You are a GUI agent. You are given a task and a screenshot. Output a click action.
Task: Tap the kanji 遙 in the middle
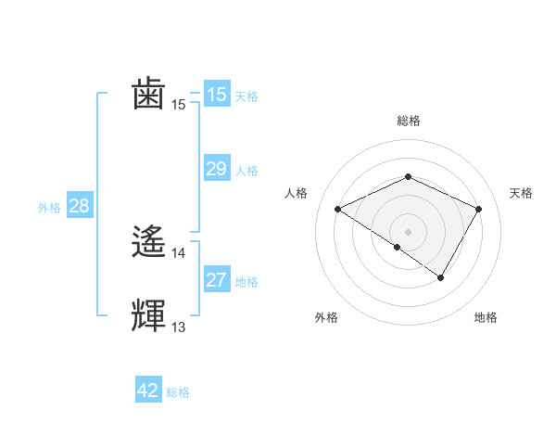point(149,243)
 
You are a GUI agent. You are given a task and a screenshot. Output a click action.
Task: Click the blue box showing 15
point(216,95)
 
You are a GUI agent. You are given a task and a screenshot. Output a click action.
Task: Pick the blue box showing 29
point(216,169)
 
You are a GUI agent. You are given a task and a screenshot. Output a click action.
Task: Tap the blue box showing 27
point(216,280)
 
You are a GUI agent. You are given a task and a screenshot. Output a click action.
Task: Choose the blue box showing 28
point(79,206)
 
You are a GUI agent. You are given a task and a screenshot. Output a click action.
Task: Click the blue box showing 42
point(148,391)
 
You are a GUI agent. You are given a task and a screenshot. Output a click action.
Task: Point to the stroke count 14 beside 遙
point(179,252)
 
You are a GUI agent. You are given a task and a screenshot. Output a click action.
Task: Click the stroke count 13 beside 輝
point(179,327)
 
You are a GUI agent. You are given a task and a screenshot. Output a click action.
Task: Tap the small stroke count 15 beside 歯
point(179,105)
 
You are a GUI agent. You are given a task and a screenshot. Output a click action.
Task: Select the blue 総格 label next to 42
point(178,392)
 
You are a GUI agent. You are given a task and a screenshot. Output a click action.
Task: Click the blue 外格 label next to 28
point(49,208)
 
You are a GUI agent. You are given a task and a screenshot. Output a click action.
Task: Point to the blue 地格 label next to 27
point(246,282)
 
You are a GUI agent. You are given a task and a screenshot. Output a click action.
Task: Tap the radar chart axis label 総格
point(408,122)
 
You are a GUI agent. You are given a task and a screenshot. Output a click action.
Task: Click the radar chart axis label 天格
point(522,193)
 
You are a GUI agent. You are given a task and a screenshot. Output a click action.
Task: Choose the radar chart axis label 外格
point(326,318)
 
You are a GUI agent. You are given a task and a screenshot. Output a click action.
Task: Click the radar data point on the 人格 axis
point(338,210)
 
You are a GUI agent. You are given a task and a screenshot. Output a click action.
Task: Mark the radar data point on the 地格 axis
point(441,277)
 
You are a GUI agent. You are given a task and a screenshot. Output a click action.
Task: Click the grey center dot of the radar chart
point(408,231)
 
